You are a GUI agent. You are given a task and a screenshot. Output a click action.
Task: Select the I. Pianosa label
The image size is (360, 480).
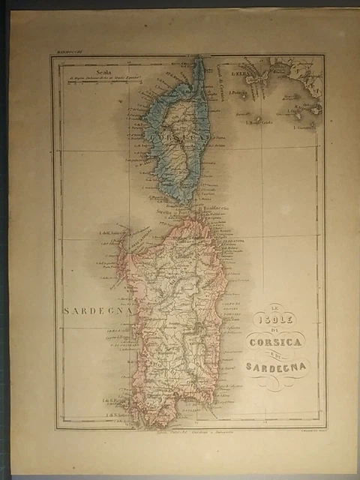(x=239, y=93)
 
